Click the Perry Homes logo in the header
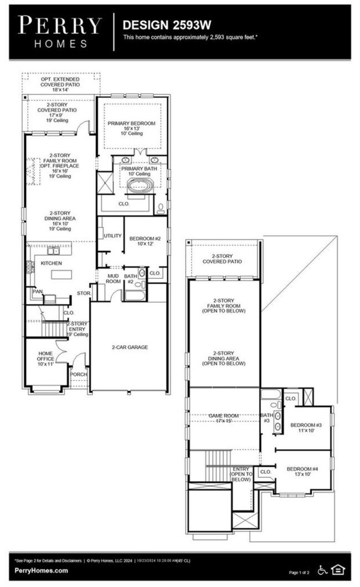pyautogui.click(x=60, y=31)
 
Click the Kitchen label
pyautogui.click(x=51, y=263)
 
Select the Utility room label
pyautogui.click(x=112, y=236)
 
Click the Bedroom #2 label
pyautogui.click(x=145, y=242)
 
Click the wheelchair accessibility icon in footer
pyautogui.click(x=322, y=569)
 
